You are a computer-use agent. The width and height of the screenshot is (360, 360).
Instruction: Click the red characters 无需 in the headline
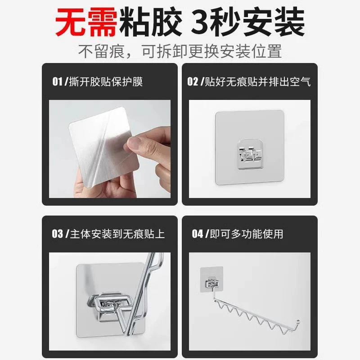pyautogui.click(x=86, y=22)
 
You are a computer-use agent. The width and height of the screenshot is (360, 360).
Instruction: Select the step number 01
pyautogui.click(x=57, y=81)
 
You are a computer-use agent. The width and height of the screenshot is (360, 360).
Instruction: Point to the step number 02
pyautogui.click(x=193, y=81)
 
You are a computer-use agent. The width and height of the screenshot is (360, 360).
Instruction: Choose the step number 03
pyautogui.click(x=58, y=234)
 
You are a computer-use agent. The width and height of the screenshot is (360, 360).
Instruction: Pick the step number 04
pyautogui.click(x=198, y=234)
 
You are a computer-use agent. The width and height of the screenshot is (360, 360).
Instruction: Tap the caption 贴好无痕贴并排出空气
pyautogui.click(x=257, y=81)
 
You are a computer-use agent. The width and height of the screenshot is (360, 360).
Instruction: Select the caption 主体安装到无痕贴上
pyautogui.click(x=117, y=234)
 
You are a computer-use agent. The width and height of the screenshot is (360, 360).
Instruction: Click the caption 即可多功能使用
pyautogui.click(x=247, y=234)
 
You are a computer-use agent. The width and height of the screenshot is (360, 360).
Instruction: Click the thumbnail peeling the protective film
pyautogui.click(x=110, y=149)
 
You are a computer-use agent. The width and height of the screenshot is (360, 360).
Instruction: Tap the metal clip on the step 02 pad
pyautogui.click(x=250, y=154)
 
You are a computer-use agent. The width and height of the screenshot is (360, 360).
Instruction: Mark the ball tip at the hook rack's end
pyautogui.click(x=298, y=321)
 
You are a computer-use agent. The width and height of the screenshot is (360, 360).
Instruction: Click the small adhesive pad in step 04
pyautogui.click(x=211, y=279)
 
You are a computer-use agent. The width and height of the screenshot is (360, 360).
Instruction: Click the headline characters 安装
pyautogui.click(x=274, y=22)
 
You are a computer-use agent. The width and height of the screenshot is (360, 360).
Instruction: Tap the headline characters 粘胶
pyautogui.click(x=150, y=22)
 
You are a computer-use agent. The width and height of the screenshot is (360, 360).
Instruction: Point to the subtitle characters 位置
pyautogui.click(x=267, y=51)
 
